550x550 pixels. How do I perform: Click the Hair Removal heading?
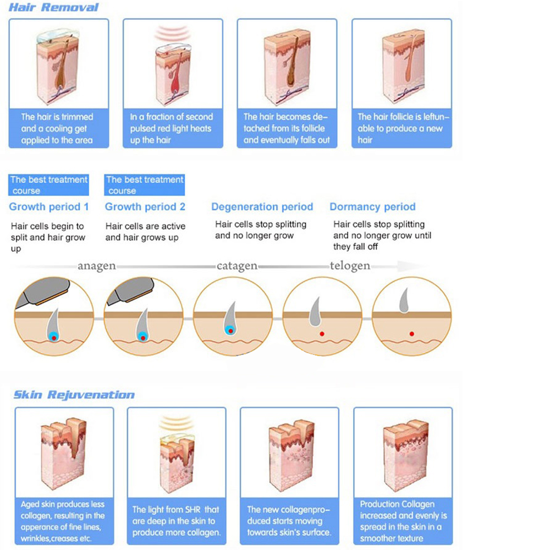(x=54, y=8)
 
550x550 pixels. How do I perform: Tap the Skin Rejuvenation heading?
(x=74, y=395)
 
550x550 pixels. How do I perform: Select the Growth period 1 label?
(x=48, y=207)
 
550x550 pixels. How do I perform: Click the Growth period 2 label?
(x=145, y=207)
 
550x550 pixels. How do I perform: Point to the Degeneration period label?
(x=262, y=207)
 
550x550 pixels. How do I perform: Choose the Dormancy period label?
(x=372, y=207)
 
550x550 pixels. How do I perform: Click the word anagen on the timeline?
(x=97, y=266)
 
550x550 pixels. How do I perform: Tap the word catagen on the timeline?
(x=237, y=266)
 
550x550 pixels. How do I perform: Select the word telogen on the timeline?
(x=350, y=266)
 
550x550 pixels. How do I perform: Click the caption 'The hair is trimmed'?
(x=57, y=129)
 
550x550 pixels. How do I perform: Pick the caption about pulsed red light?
(x=171, y=129)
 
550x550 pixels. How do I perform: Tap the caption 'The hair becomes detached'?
(x=287, y=129)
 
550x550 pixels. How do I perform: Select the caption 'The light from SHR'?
(x=176, y=521)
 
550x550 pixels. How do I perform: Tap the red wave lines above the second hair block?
(x=172, y=34)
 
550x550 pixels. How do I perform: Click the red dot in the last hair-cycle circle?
(x=411, y=333)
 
